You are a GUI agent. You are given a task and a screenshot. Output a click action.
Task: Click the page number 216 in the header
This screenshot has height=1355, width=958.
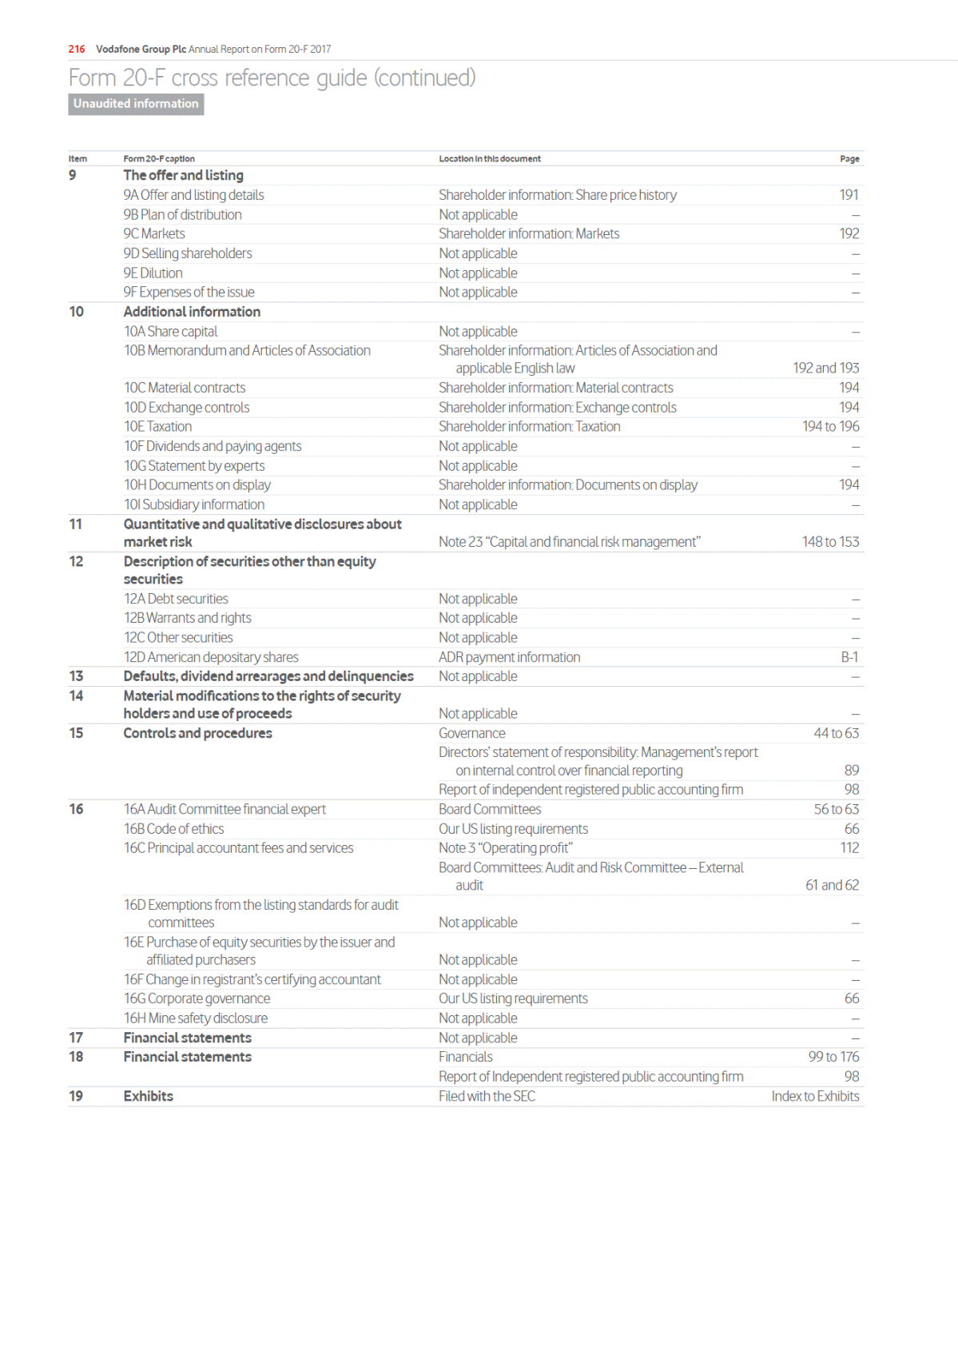77,49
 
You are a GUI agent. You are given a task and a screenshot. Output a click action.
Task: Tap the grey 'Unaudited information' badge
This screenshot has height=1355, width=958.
136,104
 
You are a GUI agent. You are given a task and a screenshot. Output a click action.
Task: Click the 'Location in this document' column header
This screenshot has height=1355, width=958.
489,159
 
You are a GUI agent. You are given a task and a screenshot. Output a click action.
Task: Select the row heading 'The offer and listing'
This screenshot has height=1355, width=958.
183,175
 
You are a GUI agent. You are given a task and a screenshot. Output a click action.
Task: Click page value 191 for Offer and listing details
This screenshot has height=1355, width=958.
849,195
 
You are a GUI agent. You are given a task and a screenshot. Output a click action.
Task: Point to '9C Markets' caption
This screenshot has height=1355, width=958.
154,233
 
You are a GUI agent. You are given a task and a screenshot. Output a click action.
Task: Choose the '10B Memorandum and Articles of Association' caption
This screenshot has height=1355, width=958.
247,350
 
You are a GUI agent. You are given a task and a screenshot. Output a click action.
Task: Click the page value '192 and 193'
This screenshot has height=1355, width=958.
825,368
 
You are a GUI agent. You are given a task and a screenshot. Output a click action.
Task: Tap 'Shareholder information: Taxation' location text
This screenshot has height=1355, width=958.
529,426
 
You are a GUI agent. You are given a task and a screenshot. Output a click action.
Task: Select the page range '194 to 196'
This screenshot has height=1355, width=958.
830,426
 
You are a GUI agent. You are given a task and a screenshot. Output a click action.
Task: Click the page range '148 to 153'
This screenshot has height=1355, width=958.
830,542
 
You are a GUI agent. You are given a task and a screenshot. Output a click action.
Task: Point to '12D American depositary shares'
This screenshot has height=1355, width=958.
211,657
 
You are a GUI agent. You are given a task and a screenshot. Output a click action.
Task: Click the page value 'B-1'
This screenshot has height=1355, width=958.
849,657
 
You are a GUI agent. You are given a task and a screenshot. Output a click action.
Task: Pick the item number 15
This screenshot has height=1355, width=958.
76,733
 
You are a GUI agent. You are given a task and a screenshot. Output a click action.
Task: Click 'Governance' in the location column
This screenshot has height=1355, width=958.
471,733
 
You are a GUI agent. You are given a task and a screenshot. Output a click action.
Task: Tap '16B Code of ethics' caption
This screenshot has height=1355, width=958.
173,829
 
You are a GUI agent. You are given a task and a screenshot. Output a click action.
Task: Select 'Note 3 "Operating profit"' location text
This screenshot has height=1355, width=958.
505,848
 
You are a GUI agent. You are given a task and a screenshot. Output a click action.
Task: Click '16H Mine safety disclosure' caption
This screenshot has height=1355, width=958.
196,1018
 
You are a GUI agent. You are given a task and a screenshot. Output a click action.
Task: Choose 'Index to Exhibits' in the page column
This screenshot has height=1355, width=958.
815,1096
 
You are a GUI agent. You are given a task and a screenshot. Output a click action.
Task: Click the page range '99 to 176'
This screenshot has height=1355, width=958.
833,1057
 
